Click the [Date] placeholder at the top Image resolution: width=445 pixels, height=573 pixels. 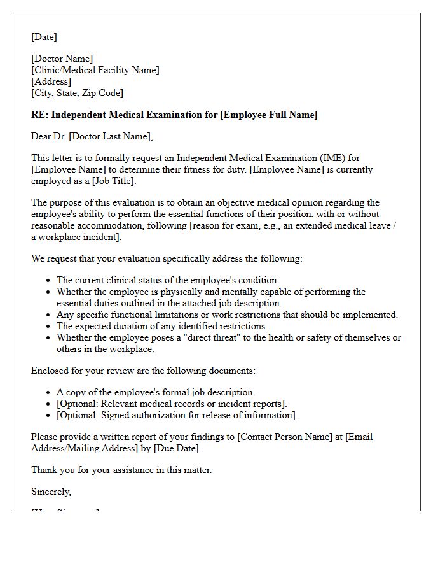[x=44, y=37]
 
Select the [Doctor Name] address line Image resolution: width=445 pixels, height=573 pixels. [x=62, y=59]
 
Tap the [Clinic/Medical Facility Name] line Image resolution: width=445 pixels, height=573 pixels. [x=95, y=71]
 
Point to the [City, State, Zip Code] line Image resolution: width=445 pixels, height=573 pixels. [x=77, y=93]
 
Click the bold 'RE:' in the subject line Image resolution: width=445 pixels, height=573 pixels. [x=39, y=115]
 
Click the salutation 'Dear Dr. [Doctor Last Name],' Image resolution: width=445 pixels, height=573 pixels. [x=92, y=136]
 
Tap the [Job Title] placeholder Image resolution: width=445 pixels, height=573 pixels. [x=113, y=181]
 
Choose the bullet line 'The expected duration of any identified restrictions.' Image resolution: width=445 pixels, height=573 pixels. [x=162, y=327]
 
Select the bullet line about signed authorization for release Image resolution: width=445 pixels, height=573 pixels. [x=177, y=416]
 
